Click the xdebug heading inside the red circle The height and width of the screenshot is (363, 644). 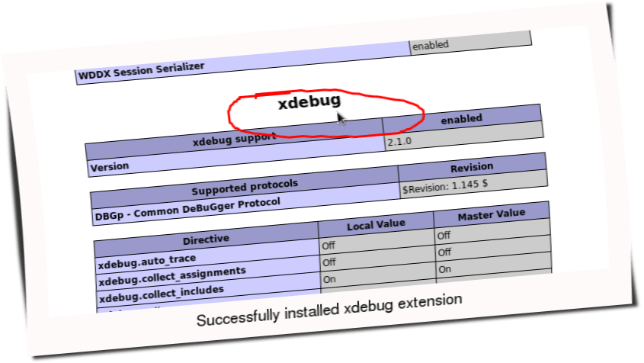(x=309, y=101)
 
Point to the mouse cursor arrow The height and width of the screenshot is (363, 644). (x=342, y=118)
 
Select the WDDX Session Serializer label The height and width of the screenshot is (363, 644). (x=141, y=67)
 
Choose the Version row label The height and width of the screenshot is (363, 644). (x=110, y=165)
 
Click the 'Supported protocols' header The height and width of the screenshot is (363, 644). (x=244, y=185)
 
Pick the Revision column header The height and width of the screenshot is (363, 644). (x=473, y=167)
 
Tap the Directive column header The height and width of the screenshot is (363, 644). (x=207, y=239)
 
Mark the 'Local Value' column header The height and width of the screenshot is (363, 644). (x=376, y=225)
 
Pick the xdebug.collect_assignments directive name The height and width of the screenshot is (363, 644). (x=172, y=272)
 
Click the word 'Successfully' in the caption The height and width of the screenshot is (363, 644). (x=232, y=319)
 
